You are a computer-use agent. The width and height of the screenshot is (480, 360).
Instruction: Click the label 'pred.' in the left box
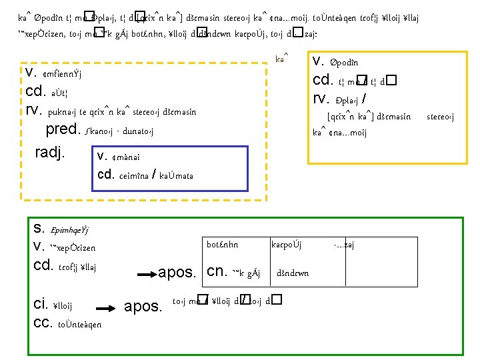(x=63, y=131)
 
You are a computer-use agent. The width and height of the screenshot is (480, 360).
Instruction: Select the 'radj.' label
(x=50, y=153)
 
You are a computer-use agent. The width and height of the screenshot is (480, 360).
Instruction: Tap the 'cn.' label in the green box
(x=218, y=271)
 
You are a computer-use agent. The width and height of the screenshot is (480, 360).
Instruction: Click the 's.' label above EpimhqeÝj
(x=38, y=228)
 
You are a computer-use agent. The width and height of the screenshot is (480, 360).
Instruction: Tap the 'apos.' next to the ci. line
(x=143, y=306)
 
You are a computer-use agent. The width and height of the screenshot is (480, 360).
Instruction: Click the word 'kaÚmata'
(x=178, y=175)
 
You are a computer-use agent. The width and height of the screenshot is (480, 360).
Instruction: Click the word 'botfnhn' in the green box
(x=223, y=245)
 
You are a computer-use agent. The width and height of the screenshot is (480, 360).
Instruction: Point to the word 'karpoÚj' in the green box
(x=287, y=245)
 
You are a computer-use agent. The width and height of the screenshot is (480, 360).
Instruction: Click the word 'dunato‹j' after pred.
(x=137, y=132)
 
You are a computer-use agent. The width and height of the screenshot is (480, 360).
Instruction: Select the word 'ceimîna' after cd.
(x=134, y=175)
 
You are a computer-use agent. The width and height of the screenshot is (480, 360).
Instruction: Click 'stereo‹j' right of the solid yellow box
(x=441, y=117)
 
